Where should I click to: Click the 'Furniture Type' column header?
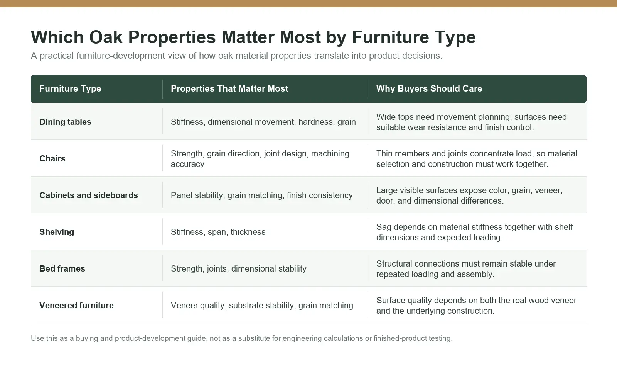[x=70, y=88]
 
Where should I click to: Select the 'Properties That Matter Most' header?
[x=229, y=88]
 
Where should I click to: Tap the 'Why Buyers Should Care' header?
[x=429, y=88]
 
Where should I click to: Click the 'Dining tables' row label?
[x=65, y=122]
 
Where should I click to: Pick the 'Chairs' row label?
[x=52, y=159]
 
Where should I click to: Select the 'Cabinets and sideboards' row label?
[x=88, y=195]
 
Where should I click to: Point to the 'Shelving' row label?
[x=57, y=232]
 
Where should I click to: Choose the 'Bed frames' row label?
[x=62, y=269]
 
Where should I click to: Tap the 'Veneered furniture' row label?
[x=77, y=305]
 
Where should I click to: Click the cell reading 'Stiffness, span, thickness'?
[x=218, y=232]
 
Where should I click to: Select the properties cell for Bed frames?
[x=239, y=269]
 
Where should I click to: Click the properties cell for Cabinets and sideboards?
[x=262, y=195]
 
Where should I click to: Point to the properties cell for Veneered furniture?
[x=262, y=305]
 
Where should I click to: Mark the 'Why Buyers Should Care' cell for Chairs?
[x=477, y=159]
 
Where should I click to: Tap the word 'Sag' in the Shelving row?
[x=384, y=227]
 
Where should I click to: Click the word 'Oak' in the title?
[x=106, y=37]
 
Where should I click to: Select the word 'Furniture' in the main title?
[x=390, y=37]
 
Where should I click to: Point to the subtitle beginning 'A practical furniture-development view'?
[x=236, y=56]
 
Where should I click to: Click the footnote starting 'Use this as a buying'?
[x=241, y=338]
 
